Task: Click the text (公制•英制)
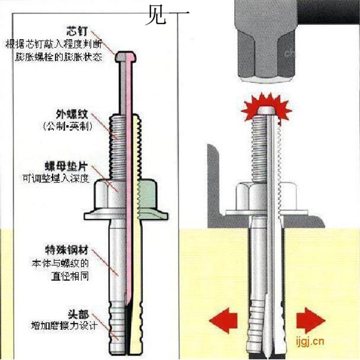pos(67,127)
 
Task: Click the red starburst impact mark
pos(265,107)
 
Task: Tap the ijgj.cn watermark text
pos(308,341)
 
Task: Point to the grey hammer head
pos(265,43)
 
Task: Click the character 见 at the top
pos(154,17)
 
